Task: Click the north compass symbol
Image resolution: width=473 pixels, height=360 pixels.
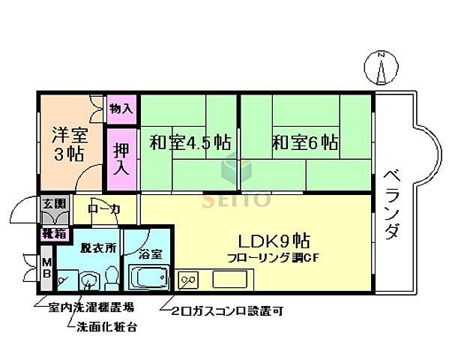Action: coord(382,70)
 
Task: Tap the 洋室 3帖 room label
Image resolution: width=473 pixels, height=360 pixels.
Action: coord(68,144)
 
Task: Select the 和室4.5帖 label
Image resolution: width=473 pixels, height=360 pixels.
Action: coord(189,142)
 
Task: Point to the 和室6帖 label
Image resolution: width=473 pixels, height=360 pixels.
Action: coord(304,142)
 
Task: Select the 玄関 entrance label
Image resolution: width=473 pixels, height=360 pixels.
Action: coord(53,204)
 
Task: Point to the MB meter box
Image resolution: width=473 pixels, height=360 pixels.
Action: coord(46,268)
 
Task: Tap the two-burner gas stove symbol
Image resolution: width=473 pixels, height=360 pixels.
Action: coord(190,280)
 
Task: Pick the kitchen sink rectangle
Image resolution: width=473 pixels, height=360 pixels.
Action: coord(234,280)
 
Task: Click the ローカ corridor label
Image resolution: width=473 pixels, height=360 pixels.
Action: coord(103,209)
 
